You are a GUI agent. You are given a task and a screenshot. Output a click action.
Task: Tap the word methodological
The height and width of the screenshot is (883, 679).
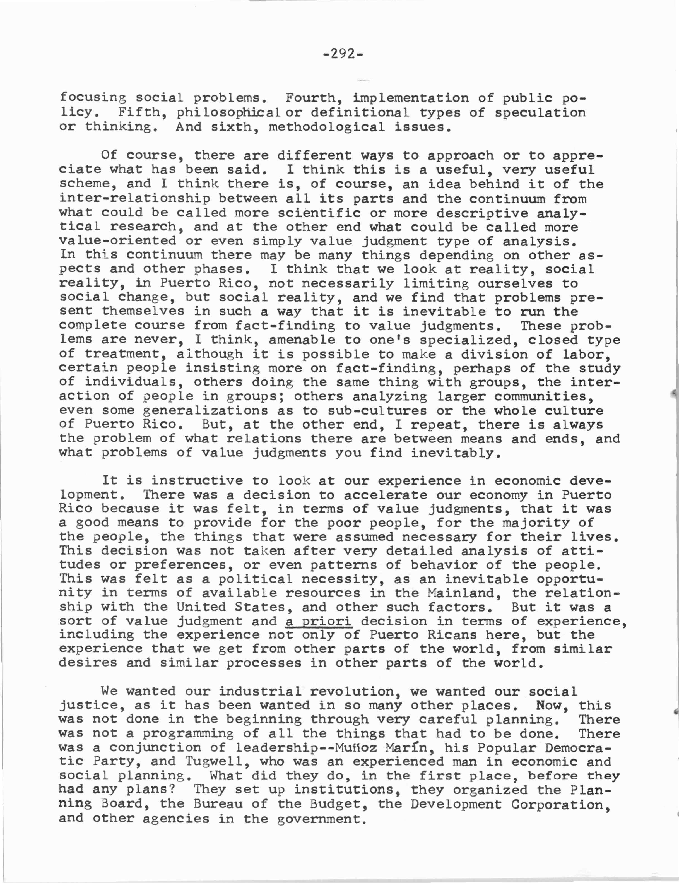[327, 127]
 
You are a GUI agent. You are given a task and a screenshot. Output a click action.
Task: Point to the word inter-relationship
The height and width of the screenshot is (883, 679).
[134, 198]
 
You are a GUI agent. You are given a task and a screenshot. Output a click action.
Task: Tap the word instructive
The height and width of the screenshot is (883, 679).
[197, 481]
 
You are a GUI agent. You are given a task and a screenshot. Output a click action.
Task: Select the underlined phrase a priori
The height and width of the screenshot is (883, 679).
[318, 621]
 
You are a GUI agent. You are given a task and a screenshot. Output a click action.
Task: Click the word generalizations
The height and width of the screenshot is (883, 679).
[205, 411]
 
